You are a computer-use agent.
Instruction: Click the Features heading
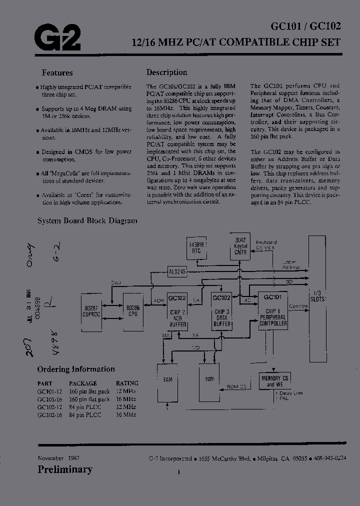(57, 73)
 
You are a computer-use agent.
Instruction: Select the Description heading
(166, 72)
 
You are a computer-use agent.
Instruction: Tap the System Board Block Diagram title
(87, 220)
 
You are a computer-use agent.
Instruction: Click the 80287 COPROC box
(92, 311)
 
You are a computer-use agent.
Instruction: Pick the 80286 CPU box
(132, 311)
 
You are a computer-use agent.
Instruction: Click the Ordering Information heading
(76, 369)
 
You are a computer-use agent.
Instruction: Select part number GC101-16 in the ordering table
(49, 399)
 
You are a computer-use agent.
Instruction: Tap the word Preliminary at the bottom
(65, 469)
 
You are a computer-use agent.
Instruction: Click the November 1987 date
(58, 458)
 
